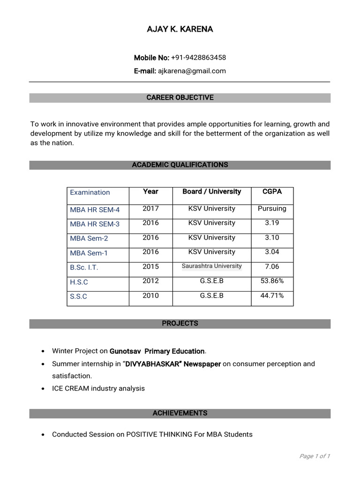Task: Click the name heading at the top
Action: point(180,29)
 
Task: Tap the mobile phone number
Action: point(198,58)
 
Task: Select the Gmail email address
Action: point(192,71)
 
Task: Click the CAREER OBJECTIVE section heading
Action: point(180,97)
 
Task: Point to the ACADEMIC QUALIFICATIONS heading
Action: point(180,165)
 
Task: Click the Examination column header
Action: point(90,192)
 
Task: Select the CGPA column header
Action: point(272,192)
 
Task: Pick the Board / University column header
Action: point(212,192)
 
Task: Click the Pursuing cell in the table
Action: point(272,209)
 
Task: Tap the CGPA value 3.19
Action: point(272,223)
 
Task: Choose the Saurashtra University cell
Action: point(212,266)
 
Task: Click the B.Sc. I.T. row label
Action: point(84,267)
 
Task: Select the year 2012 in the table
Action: point(151,281)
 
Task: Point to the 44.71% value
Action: point(272,296)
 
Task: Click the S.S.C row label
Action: point(79,296)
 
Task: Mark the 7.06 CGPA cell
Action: point(272,267)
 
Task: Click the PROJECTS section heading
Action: point(180,323)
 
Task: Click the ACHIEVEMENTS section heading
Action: point(180,413)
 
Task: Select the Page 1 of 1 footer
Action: point(315,456)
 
